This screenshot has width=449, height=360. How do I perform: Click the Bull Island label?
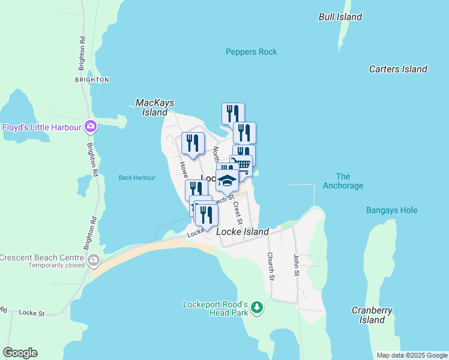click(340, 17)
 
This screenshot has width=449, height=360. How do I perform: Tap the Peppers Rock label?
click(252, 52)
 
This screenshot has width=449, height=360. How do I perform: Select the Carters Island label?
click(398, 69)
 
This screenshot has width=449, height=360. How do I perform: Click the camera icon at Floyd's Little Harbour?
click(91, 127)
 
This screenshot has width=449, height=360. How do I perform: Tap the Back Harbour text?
click(137, 178)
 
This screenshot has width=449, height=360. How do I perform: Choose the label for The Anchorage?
click(343, 181)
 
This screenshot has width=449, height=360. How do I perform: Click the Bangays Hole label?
click(391, 211)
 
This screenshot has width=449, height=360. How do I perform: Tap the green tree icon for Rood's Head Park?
click(257, 308)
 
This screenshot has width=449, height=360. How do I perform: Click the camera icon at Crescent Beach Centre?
click(93, 260)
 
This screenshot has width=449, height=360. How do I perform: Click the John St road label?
click(296, 265)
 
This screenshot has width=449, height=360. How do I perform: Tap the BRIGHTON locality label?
click(92, 79)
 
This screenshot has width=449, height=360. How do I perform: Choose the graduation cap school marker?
click(227, 179)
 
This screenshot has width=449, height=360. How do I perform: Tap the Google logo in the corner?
click(20, 353)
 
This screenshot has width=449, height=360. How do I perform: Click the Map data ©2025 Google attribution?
click(412, 355)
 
